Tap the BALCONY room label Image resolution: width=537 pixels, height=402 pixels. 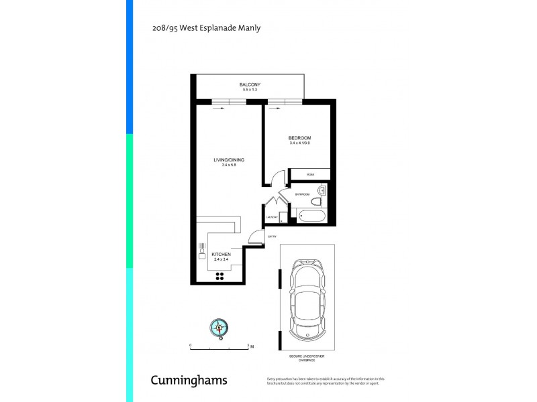tap(250, 84)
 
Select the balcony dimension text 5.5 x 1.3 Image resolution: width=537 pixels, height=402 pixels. tap(250, 89)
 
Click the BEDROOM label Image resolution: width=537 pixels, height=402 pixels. tap(300, 138)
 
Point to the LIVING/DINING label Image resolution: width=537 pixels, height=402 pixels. tap(229, 159)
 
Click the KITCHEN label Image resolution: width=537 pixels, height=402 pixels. tap(222, 255)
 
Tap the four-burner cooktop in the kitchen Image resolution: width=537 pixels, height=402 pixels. tap(219, 276)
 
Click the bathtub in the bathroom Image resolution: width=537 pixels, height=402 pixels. tap(310, 216)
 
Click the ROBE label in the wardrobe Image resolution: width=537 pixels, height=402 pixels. tap(310, 174)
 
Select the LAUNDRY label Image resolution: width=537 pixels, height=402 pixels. tap(272, 217)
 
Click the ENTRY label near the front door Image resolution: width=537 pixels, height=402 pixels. tap(272, 236)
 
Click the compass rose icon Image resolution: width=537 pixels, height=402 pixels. tap(219, 327)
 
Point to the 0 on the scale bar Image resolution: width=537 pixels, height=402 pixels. tap(191, 346)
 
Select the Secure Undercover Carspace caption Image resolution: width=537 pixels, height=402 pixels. tap(307, 357)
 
